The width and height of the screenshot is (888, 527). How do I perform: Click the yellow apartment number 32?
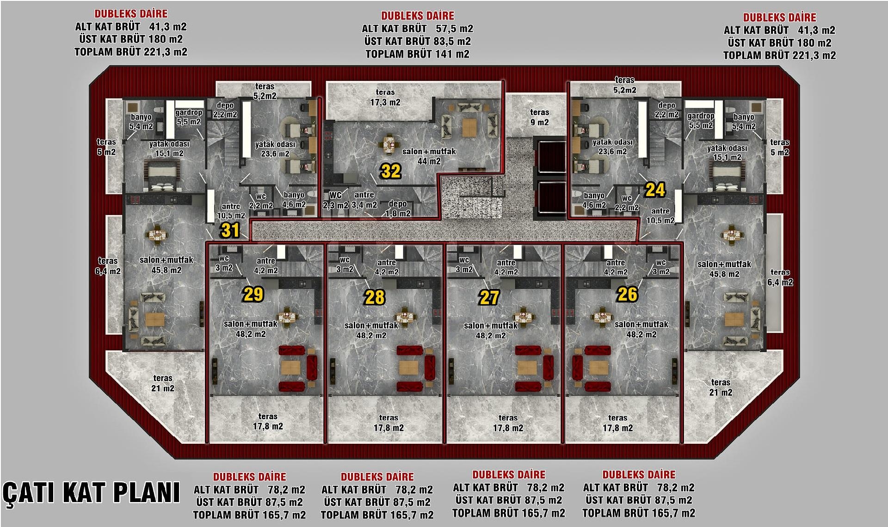pyautogui.click(x=391, y=172)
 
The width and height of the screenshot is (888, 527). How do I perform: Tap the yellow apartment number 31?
pyautogui.click(x=230, y=230)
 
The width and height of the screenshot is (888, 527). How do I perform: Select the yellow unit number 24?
pyautogui.click(x=655, y=190)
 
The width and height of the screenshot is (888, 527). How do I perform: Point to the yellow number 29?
pyautogui.click(x=253, y=294)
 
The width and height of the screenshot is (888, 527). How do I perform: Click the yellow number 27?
pyautogui.click(x=489, y=298)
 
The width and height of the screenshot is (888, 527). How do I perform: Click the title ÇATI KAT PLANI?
pyautogui.click(x=91, y=492)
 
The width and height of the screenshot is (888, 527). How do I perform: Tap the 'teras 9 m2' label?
pyautogui.click(x=539, y=117)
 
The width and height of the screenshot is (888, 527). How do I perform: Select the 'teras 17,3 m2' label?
pyautogui.click(x=385, y=98)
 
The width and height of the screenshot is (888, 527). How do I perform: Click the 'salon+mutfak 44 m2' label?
pyautogui.click(x=429, y=156)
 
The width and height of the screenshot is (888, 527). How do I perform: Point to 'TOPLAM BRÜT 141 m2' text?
pyautogui.click(x=417, y=54)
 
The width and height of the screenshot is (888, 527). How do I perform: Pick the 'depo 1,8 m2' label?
pyautogui.click(x=398, y=208)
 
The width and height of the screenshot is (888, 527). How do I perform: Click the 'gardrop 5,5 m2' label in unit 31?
pyautogui.click(x=189, y=117)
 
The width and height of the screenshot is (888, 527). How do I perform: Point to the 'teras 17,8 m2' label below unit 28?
pyautogui.click(x=388, y=423)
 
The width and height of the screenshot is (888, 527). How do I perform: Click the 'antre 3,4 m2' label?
pyautogui.click(x=364, y=200)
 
